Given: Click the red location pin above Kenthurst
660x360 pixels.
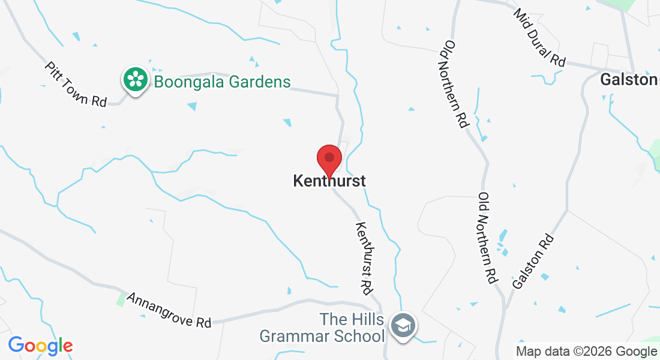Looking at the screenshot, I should (329, 159).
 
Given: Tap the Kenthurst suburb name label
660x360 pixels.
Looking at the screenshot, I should (329, 181).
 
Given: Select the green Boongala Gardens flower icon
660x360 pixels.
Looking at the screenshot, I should (136, 79).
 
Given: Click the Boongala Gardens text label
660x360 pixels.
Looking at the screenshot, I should (222, 82).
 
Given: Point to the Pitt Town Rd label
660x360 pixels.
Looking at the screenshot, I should (75, 84).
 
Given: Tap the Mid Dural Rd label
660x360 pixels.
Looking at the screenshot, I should (539, 37).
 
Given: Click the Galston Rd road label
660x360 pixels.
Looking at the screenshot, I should (533, 260).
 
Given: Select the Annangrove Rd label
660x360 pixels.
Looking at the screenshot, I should (169, 310).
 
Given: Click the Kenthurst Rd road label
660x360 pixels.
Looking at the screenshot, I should (365, 257).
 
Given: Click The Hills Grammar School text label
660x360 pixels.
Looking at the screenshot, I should (322, 328).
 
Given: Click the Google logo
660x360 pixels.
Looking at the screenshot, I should (40, 346).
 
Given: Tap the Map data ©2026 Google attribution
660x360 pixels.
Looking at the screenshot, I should (586, 352).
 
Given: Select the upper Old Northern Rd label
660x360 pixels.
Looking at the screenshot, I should (455, 83).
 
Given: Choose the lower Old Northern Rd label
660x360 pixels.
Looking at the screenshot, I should (488, 238).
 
